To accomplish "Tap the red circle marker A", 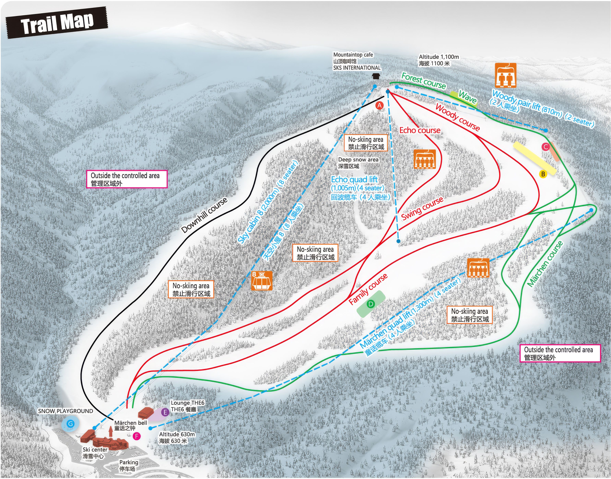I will coord(379,106).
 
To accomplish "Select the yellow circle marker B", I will coord(543,174).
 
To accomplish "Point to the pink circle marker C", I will coord(545,147).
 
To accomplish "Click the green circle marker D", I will coord(371,304).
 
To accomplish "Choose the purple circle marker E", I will coord(165,412).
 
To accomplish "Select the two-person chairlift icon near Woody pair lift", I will coord(505,75).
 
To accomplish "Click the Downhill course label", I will coord(204,215).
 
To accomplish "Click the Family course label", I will coord(368,289).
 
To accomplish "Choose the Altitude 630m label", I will coord(177,437).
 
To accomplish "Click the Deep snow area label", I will coord(358,163).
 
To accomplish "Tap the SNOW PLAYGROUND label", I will coord(65,411).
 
